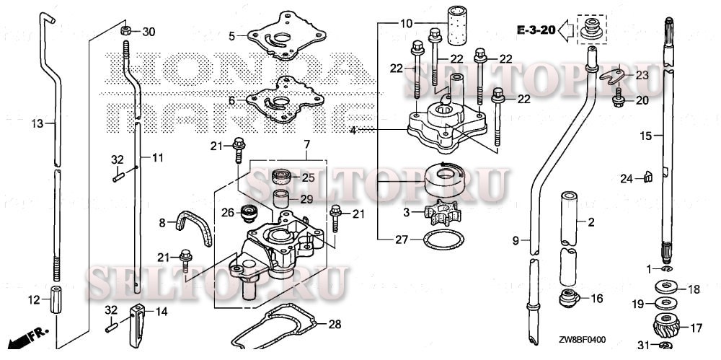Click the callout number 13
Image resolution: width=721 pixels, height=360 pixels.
point(37,124)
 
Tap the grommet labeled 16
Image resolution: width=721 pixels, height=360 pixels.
point(569,297)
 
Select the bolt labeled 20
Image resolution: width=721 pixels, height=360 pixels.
point(618,100)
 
